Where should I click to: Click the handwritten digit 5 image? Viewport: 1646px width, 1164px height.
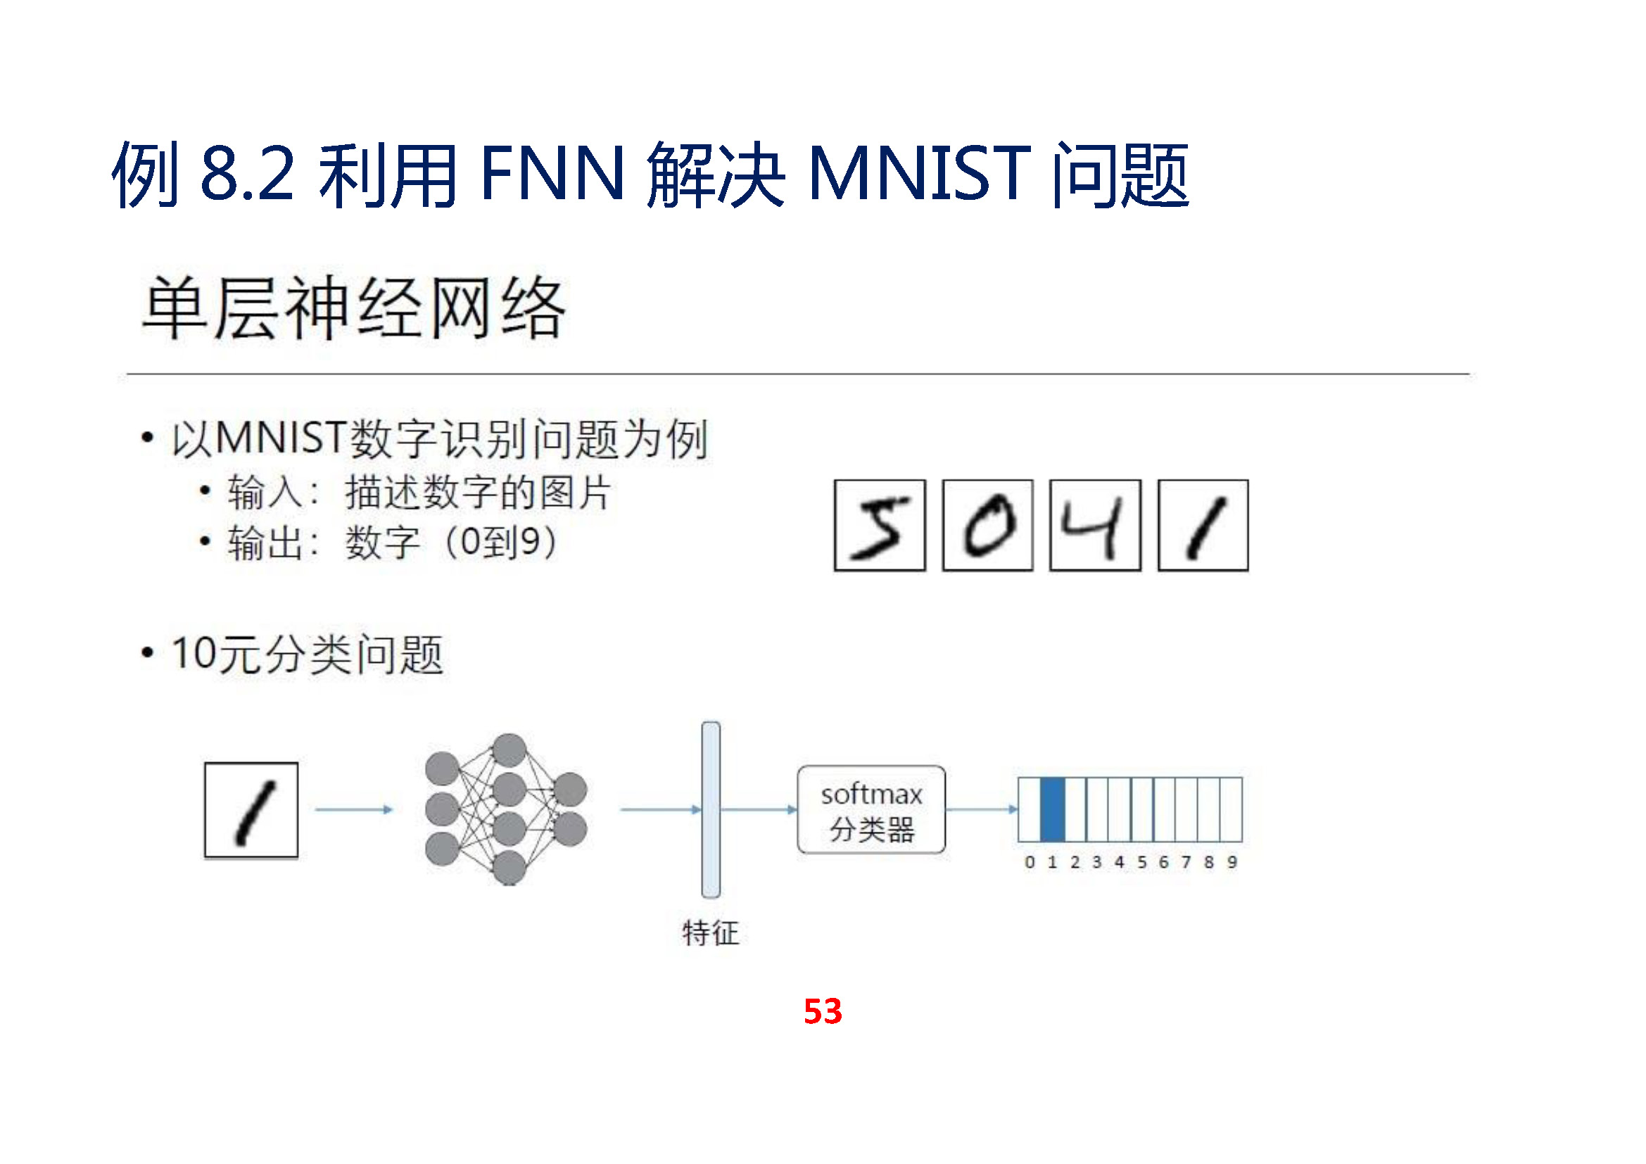coord(880,526)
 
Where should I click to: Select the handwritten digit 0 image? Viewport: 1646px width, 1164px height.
coord(987,526)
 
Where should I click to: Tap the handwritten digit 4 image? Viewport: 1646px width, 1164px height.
coord(1095,526)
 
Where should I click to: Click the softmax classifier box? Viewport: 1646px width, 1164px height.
coord(871,809)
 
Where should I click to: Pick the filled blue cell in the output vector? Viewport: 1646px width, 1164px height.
coord(1051,809)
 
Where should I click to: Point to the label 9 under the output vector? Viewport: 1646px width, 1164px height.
coord(1232,862)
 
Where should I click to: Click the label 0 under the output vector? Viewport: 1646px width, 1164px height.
coord(1030,862)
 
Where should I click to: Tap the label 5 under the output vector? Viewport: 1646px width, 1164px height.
coord(1141,862)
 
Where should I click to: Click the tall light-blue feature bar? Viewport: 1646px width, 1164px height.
coord(711,809)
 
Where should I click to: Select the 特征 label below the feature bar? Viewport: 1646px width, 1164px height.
coord(711,933)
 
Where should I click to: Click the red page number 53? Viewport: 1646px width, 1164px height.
coord(822,1011)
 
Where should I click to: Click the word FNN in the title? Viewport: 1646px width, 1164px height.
coord(552,174)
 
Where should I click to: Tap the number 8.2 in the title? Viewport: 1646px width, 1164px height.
coord(247,174)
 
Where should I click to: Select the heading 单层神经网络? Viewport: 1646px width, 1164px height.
coord(354,308)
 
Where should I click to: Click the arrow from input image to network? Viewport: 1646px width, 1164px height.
coord(354,809)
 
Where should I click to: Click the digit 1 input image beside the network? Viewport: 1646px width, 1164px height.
coord(251,810)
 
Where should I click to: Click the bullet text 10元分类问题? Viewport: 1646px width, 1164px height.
coord(308,654)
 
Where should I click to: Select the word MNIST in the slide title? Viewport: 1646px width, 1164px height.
coord(919,174)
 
